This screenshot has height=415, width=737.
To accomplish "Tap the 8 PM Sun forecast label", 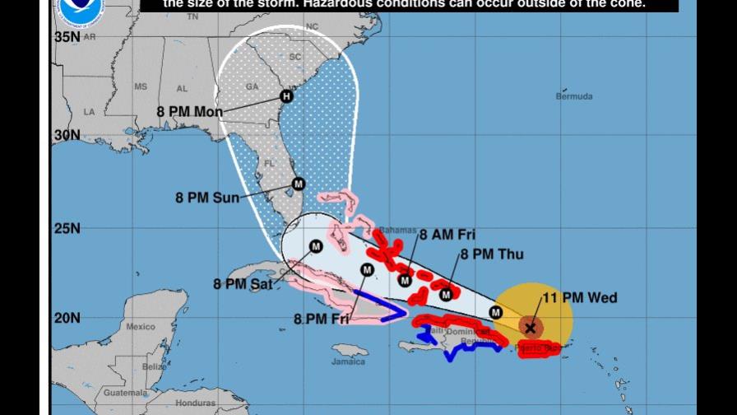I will tap(207, 198).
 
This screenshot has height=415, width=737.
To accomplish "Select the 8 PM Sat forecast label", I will tap(243, 284).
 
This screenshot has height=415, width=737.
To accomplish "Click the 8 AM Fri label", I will tap(447, 235).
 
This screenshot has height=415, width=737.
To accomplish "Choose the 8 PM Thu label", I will tap(492, 254).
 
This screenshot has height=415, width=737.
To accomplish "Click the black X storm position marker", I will tap(531, 328).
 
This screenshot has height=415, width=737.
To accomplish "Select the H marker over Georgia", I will tap(286, 96).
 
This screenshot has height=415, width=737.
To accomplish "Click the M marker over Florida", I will tap(299, 184).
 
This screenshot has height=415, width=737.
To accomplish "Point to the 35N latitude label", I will tap(67, 37).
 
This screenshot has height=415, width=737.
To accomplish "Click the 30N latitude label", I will tap(67, 135).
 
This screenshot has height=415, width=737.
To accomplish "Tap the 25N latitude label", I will tap(67, 228).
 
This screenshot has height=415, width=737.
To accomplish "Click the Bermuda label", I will tap(573, 97).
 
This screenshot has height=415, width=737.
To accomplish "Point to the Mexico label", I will tap(141, 327).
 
